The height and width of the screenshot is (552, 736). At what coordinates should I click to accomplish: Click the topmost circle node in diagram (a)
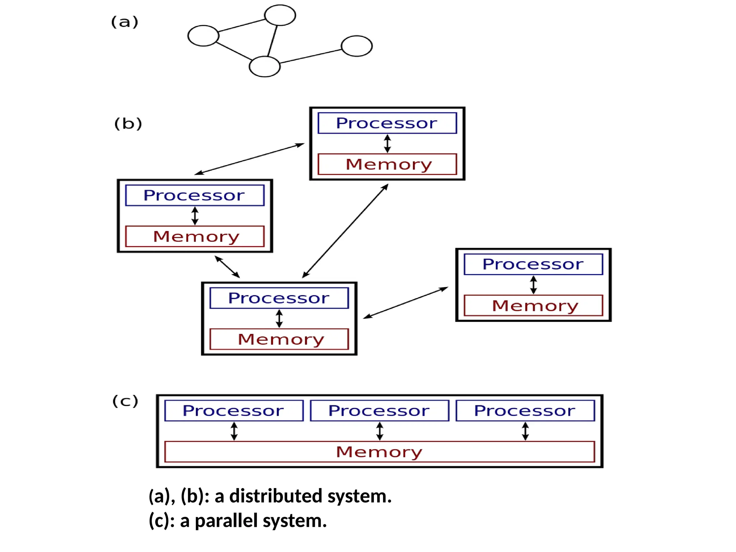(280, 15)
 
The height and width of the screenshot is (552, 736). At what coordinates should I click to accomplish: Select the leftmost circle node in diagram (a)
(203, 36)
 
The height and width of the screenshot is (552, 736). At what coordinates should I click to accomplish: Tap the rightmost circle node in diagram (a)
(356, 46)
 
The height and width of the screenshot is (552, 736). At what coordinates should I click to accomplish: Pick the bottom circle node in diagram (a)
(264, 66)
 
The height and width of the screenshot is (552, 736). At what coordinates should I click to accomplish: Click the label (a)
(125, 22)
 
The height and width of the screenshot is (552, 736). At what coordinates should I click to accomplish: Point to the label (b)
(128, 124)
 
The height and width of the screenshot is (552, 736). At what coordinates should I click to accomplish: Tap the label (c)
(125, 401)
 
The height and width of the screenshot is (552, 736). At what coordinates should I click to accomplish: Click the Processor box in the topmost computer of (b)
(387, 123)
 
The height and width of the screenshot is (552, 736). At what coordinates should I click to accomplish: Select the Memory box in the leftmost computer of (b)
(195, 236)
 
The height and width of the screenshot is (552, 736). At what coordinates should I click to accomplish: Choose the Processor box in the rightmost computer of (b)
(533, 264)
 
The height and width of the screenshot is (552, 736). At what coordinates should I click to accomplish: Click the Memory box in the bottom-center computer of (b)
(279, 339)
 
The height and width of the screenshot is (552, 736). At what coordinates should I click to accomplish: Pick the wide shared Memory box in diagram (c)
(379, 452)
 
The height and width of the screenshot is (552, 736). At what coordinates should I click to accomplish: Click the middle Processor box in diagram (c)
(379, 410)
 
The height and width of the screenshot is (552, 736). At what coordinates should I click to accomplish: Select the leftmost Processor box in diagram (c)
(234, 410)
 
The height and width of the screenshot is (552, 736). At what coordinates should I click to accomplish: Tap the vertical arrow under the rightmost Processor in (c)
(525, 431)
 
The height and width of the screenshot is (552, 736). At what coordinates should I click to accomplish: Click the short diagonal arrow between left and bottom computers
(227, 267)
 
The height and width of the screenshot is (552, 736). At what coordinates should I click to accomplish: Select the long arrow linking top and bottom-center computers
(345, 231)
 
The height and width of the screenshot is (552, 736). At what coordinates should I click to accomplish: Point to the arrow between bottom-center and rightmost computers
(405, 303)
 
